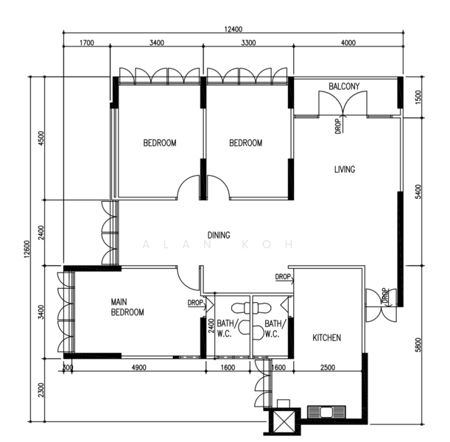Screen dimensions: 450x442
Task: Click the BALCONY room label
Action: tap(344, 86)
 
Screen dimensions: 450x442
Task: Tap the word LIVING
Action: tap(345, 169)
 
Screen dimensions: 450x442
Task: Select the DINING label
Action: tap(219, 235)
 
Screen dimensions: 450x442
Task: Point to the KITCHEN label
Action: tap(326, 337)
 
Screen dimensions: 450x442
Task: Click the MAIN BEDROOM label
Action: tap(127, 306)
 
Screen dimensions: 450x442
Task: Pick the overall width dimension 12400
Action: tap(233, 29)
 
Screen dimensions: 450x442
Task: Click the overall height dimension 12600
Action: tap(27, 249)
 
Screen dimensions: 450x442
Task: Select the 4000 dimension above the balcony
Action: tap(348, 43)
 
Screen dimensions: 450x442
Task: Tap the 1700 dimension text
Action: tap(87, 43)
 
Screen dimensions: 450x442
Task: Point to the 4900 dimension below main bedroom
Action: tap(138, 368)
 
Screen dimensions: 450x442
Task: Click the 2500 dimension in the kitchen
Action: tap(328, 368)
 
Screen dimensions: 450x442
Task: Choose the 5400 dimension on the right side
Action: tap(418, 192)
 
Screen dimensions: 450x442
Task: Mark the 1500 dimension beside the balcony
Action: tap(418, 97)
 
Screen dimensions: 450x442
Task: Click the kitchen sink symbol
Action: tap(326, 412)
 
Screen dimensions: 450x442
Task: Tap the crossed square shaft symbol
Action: tap(284, 421)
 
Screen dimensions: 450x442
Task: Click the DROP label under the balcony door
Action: tap(339, 126)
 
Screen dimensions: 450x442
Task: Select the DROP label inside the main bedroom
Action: tap(195, 303)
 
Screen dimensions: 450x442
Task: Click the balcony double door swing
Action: tap(343, 104)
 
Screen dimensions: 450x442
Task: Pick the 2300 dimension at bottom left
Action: tap(41, 390)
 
